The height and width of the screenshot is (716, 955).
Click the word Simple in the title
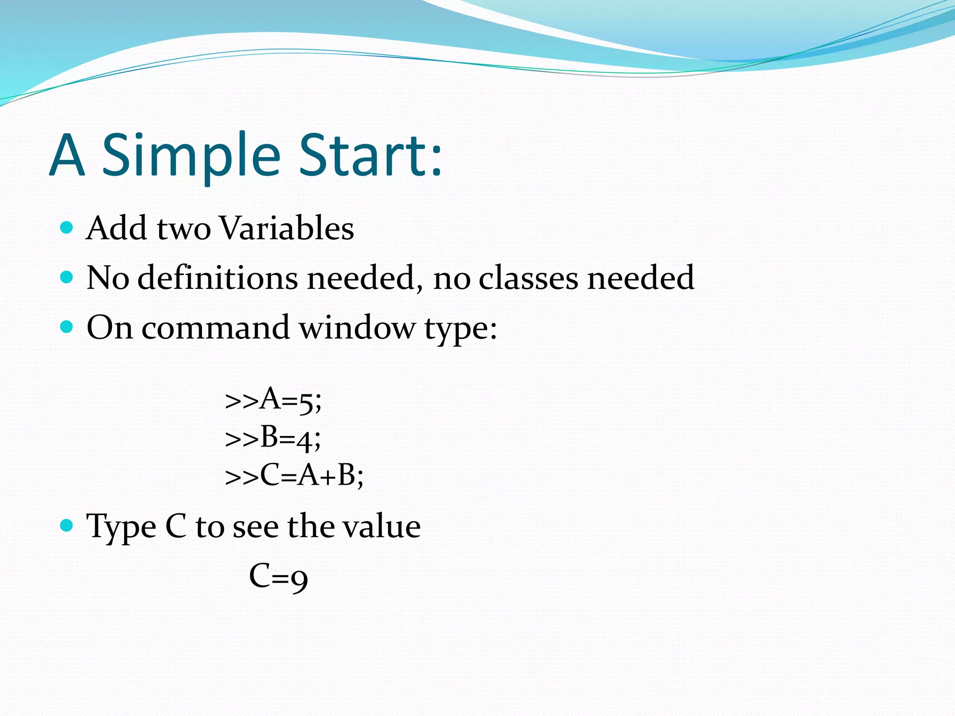coord(191,156)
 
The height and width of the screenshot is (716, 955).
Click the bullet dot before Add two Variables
coord(67,227)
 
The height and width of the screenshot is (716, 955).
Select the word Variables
coord(286,228)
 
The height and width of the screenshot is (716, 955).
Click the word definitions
coord(218,278)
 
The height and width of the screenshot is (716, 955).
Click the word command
coord(215,328)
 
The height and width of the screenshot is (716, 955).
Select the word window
coord(357,328)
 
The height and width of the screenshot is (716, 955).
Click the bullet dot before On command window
coord(67,327)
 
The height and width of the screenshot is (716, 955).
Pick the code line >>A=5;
coord(273,400)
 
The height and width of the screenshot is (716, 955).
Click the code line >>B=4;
coord(273,438)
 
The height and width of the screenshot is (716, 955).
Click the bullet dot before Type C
coord(67,526)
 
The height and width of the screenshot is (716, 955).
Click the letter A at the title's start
coord(67,156)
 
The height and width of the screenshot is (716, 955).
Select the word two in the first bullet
coord(184,229)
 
